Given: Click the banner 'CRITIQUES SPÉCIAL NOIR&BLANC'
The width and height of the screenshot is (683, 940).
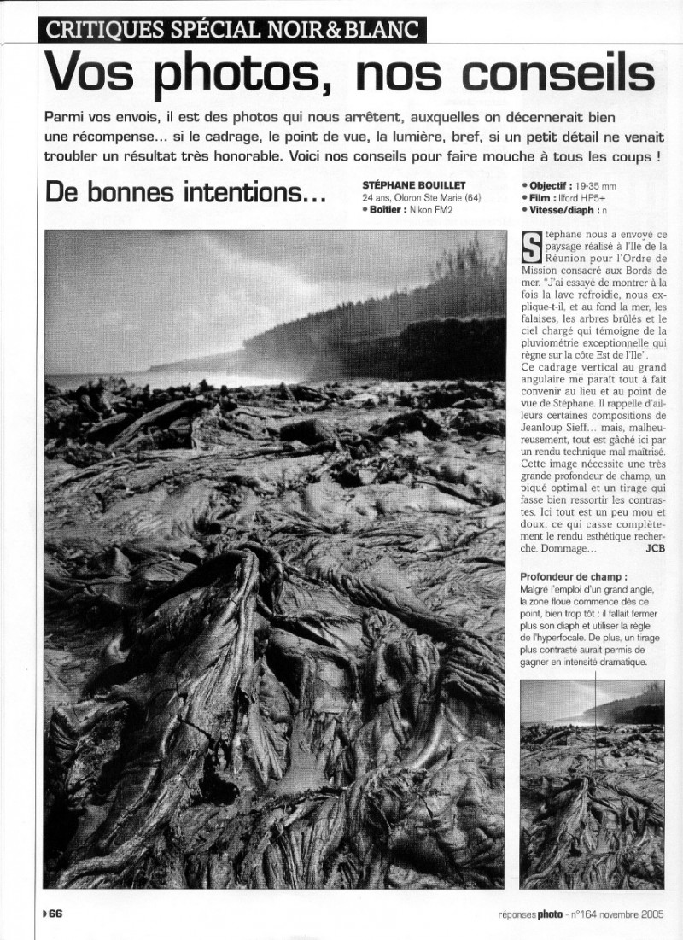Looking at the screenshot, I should pos(233,30).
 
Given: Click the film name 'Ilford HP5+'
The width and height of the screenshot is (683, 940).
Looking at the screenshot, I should pos(582,196).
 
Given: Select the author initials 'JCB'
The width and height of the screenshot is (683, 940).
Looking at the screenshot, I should pos(655,548).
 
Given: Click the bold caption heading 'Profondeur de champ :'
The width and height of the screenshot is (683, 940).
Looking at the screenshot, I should pos(567,576).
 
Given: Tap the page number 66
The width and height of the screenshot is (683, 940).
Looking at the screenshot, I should pos(55,914).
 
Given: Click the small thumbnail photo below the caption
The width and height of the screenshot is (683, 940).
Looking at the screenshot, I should pos(592,784).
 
